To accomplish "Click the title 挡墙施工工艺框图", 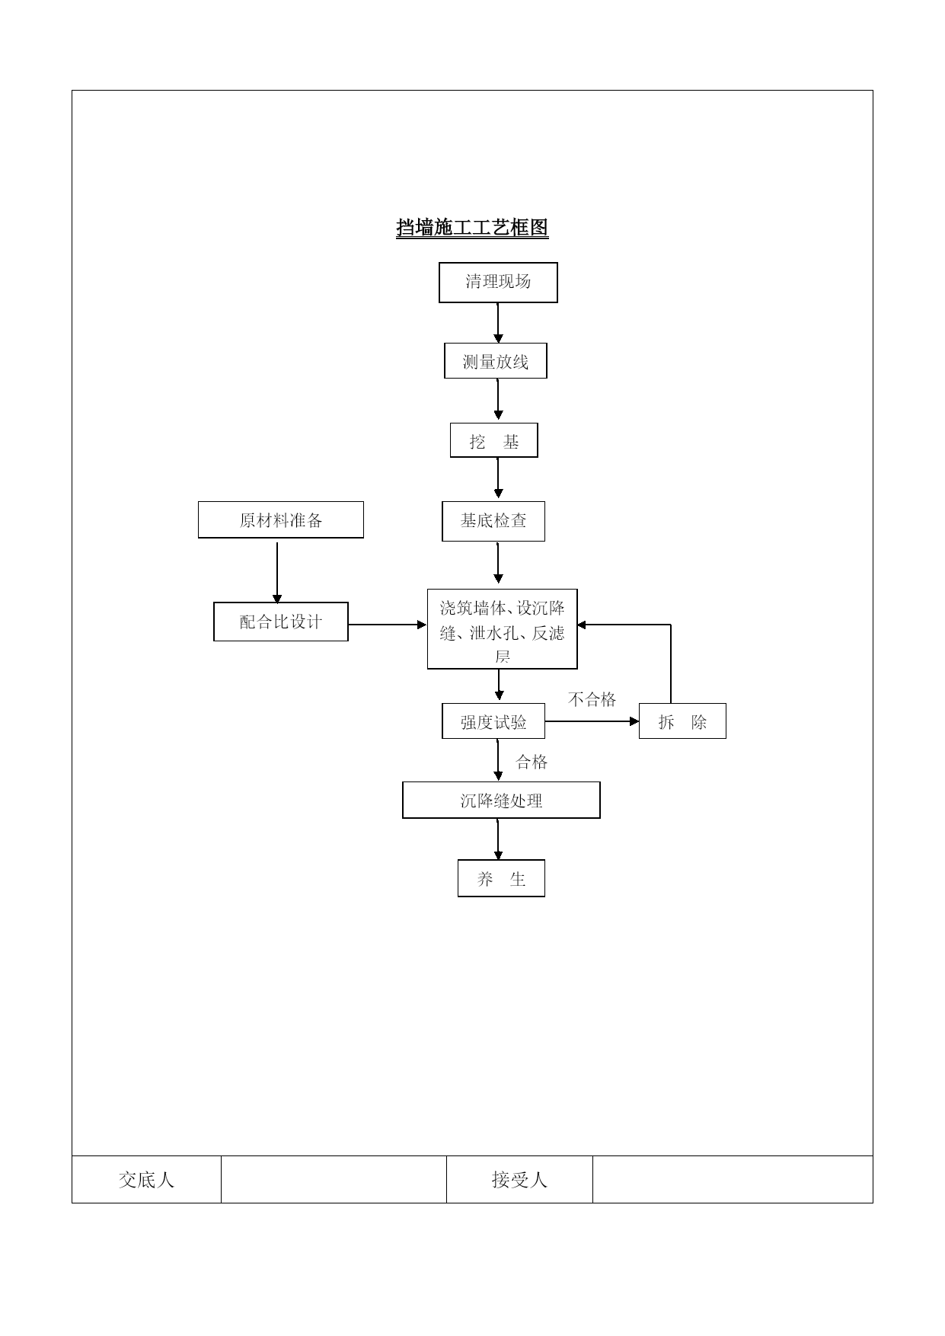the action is pyautogui.click(x=472, y=228).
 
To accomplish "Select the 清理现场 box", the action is pyautogui.click(x=498, y=283).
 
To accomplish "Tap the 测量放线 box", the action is pyautogui.click(x=496, y=361).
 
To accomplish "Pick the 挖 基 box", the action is pyautogui.click(x=493, y=441).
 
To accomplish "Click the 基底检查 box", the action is pyautogui.click(x=493, y=521).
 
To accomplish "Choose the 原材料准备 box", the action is pyautogui.click(x=281, y=520).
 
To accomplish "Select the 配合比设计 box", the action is pyautogui.click(x=281, y=622).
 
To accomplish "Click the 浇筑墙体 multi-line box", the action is pyautogui.click(x=502, y=629).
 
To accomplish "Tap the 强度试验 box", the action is pyautogui.click(x=493, y=721).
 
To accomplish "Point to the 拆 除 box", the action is pyautogui.click(x=682, y=721).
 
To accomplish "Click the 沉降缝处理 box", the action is pyautogui.click(x=501, y=801).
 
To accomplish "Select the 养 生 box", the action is pyautogui.click(x=501, y=878).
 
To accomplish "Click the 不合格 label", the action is pyautogui.click(x=592, y=699).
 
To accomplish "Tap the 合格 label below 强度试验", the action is pyautogui.click(x=532, y=762).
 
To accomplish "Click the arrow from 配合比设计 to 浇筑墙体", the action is pyautogui.click(x=388, y=625).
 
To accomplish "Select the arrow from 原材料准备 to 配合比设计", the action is pyautogui.click(x=277, y=573).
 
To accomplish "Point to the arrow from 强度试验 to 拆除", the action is pyautogui.click(x=592, y=721).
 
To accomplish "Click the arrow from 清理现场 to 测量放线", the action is pyautogui.click(x=499, y=323).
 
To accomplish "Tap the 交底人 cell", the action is pyautogui.click(x=146, y=1180).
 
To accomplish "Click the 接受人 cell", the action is pyautogui.click(x=519, y=1180).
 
